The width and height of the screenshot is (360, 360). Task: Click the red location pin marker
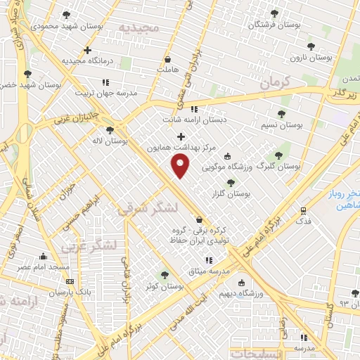[181, 166]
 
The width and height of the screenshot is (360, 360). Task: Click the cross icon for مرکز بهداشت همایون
[181, 136]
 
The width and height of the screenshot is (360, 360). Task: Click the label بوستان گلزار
[236, 193]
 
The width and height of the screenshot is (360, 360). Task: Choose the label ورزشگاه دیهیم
[264, 292]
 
